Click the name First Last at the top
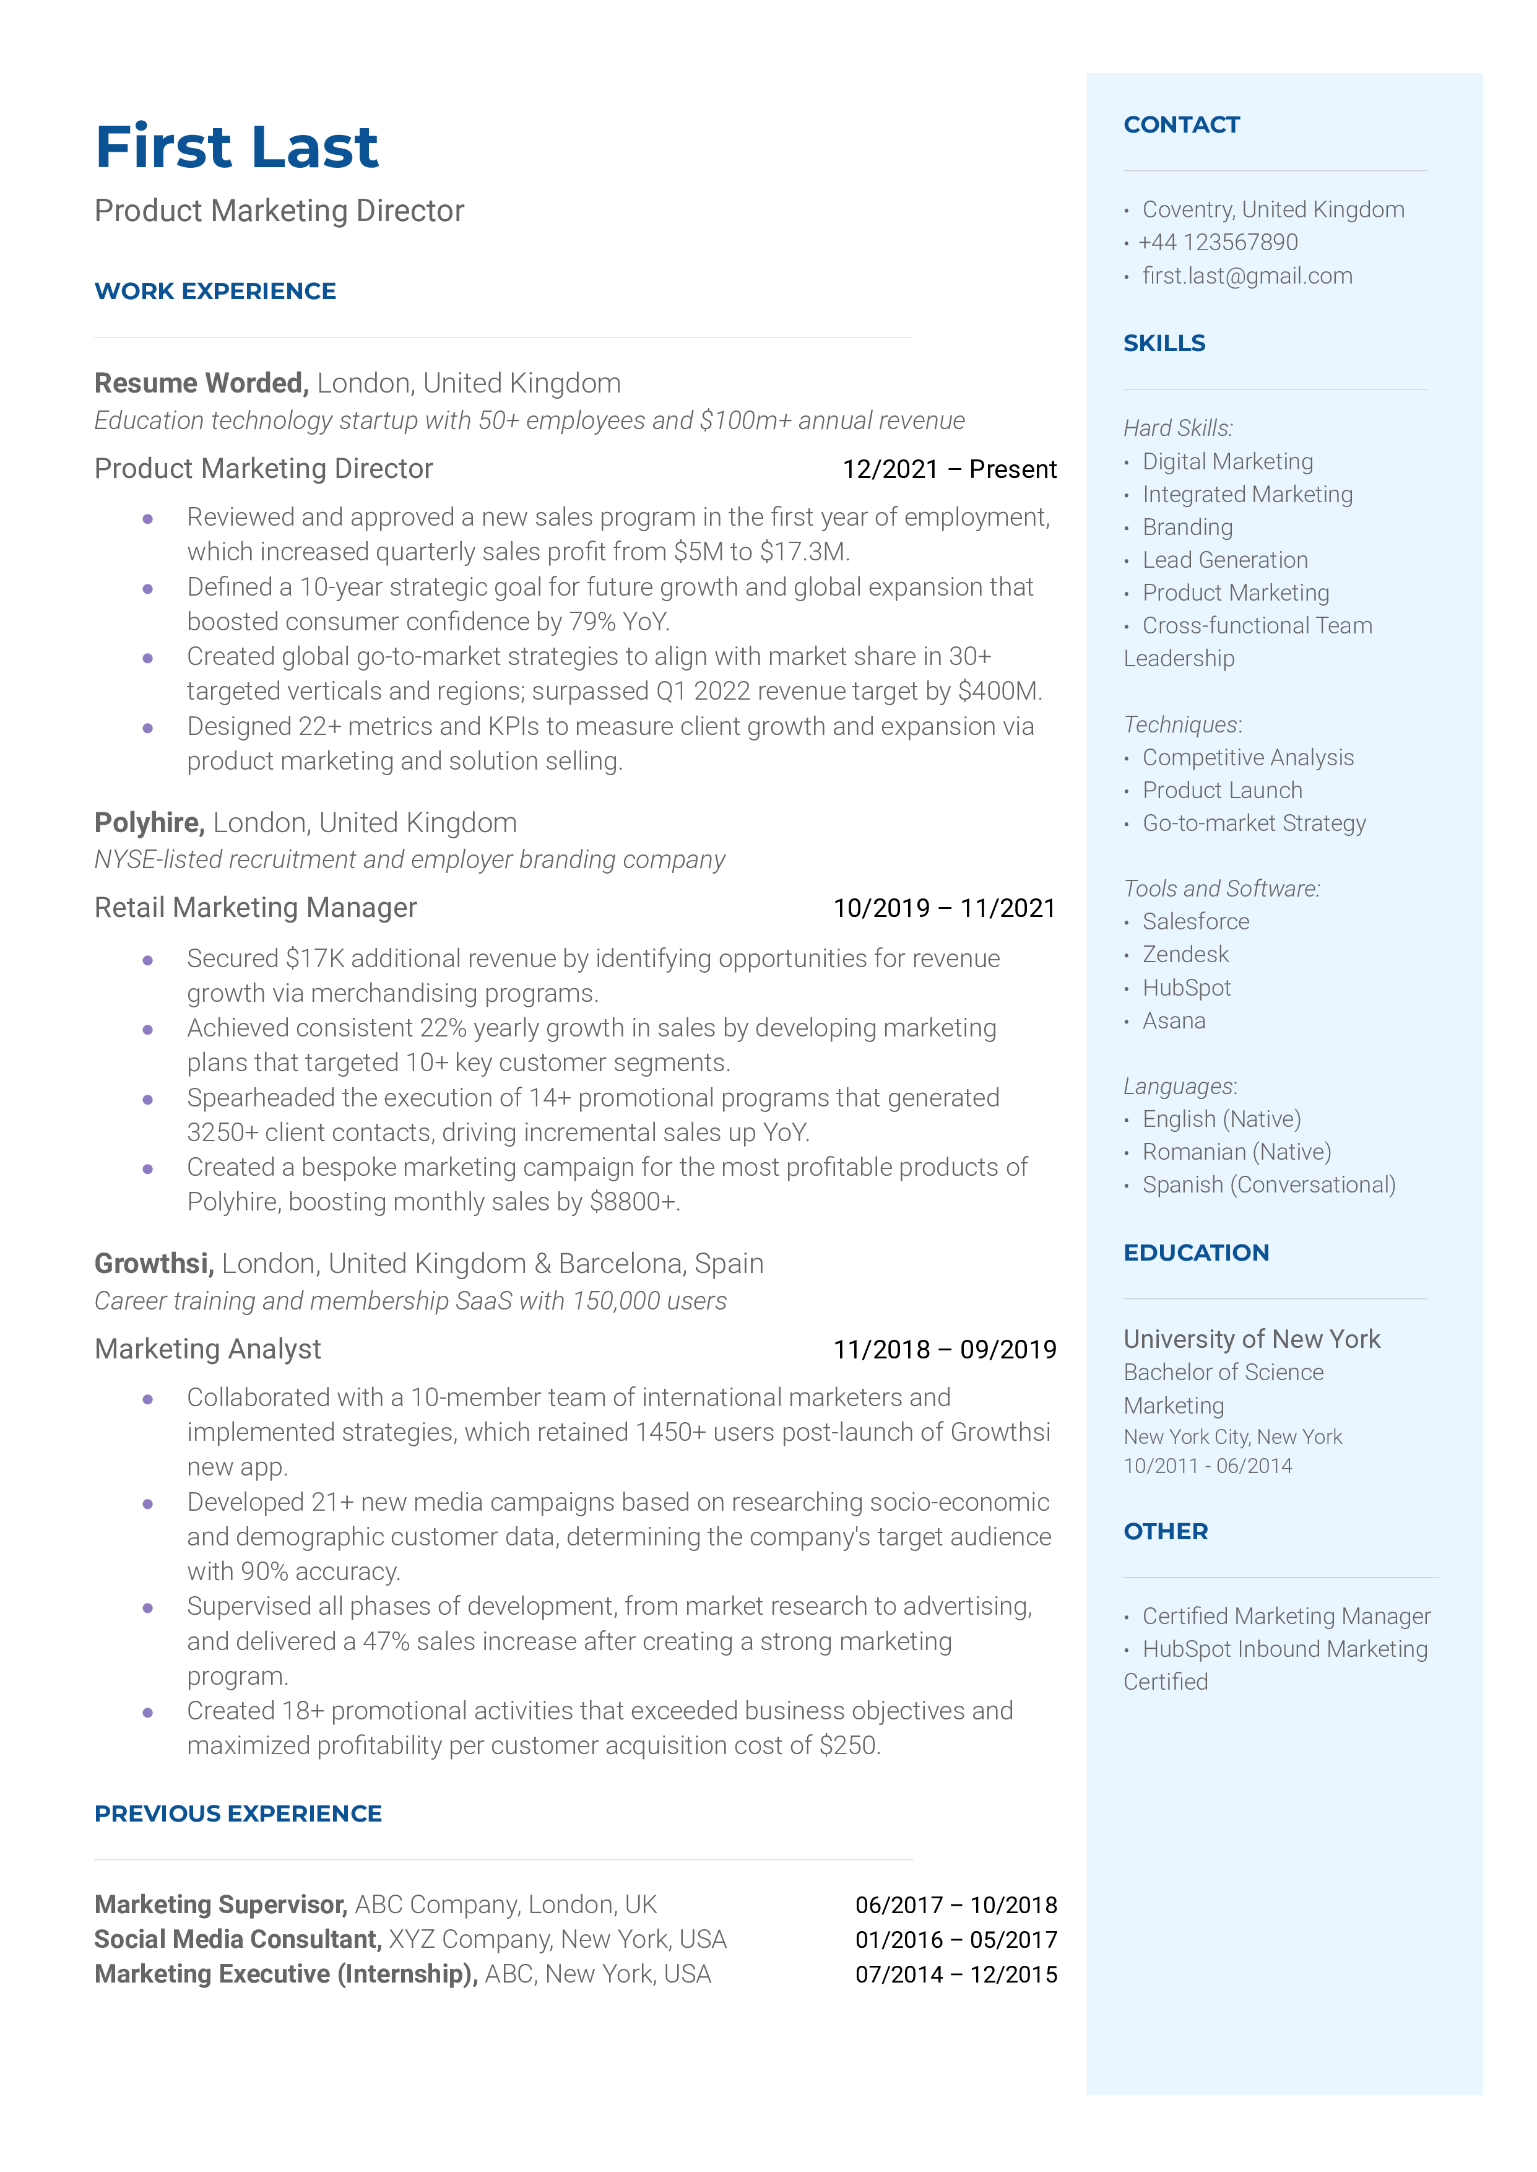236,147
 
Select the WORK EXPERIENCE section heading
215,292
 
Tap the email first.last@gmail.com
1247,276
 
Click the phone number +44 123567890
1218,243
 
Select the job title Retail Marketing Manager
256,908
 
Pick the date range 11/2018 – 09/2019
943,1350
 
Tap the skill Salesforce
1195,922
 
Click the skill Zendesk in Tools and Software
1185,955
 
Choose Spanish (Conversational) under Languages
1268,1186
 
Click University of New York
1251,1340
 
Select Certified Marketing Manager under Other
1285,1617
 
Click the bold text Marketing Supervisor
220,1904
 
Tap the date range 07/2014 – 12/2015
955,1974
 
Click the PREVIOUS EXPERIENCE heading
238,1814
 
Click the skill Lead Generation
1224,560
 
